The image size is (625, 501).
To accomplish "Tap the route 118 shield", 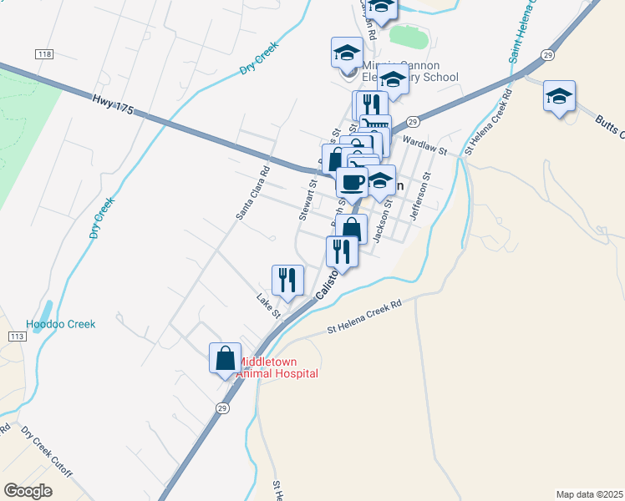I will [x=44, y=53].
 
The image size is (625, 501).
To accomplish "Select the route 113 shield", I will [x=15, y=336].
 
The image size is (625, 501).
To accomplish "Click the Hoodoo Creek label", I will [x=61, y=324].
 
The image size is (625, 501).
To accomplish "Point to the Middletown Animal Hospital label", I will [x=279, y=368].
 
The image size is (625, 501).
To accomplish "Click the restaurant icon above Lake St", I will [x=287, y=280].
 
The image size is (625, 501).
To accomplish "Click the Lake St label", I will [x=268, y=306].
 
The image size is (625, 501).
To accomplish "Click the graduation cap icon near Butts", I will [x=558, y=96].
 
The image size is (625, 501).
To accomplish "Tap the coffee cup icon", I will [x=352, y=181].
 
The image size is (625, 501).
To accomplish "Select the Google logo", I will [x=28, y=491].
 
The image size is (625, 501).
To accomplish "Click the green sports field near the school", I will [x=409, y=37].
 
